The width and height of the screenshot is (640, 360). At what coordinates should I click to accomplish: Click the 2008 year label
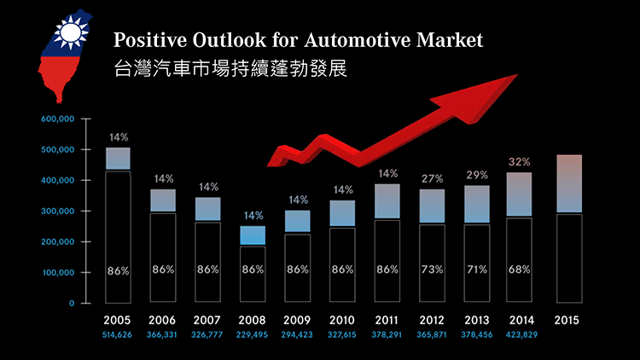point(252,321)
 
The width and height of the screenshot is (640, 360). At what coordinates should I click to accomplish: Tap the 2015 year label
point(567,321)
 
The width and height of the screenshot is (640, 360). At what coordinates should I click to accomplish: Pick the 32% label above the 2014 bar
point(520,161)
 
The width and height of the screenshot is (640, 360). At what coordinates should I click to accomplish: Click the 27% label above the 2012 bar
point(432,178)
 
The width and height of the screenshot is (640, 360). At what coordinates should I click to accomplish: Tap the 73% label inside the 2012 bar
point(432,270)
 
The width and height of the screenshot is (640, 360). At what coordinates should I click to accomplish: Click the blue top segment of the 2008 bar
point(252,235)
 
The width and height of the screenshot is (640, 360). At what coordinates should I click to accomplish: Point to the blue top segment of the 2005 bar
point(118,159)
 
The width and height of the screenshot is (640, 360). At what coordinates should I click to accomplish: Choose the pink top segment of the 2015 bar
point(567,183)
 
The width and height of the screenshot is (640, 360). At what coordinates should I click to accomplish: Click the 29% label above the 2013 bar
point(477,175)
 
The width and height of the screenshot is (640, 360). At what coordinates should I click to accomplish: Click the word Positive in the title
point(149,40)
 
